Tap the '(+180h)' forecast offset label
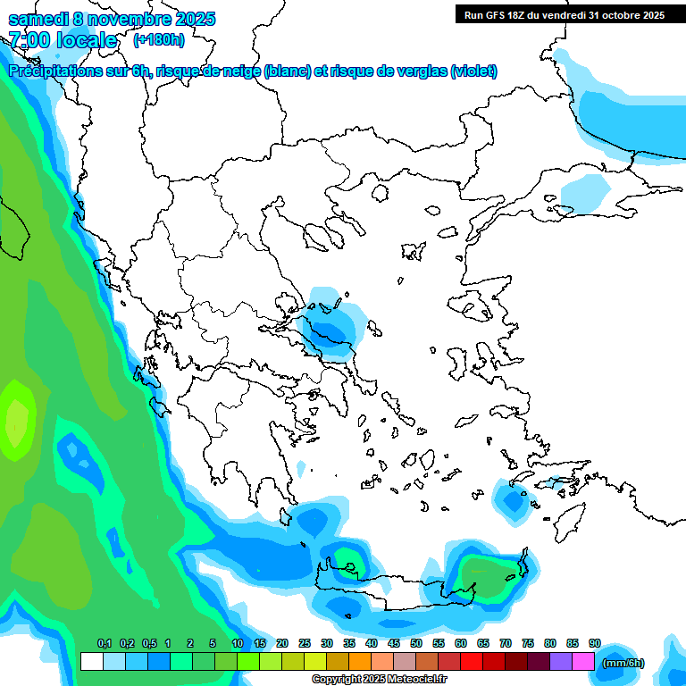tap(159, 39)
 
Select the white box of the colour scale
tap(91, 661)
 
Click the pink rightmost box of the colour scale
tap(583, 661)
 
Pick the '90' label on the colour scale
tap(595, 643)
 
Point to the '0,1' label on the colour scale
tap(104, 643)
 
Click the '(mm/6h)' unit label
tap(623, 663)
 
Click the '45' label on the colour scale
tap(394, 643)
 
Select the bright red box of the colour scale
tap(472, 661)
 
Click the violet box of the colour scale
tap(561, 661)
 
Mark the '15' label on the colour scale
tap(260, 643)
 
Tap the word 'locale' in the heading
tap(87, 39)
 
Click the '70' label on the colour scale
tap(506, 643)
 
